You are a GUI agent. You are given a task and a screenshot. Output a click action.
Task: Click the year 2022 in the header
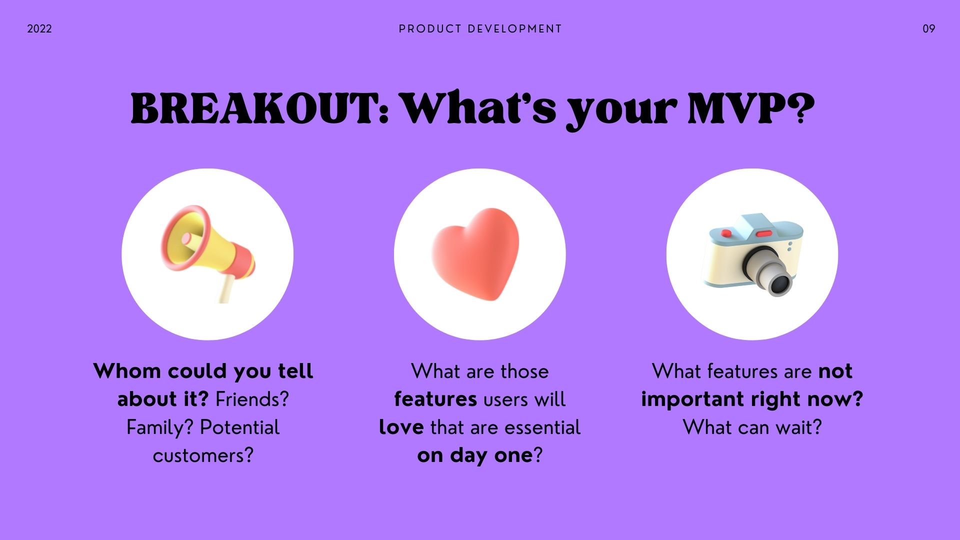[x=39, y=29]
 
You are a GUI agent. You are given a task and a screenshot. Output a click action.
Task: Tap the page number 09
[x=929, y=29]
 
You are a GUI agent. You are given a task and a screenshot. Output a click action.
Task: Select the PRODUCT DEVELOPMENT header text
[x=480, y=29]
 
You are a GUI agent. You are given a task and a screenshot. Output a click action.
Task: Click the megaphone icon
[x=208, y=252]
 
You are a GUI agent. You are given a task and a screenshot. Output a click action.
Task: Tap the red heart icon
[x=475, y=254]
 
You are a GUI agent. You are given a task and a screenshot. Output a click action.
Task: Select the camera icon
[x=754, y=255]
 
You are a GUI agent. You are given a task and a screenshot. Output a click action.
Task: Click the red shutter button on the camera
[x=764, y=233]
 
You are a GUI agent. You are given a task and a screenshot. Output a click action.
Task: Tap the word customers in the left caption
[x=203, y=455]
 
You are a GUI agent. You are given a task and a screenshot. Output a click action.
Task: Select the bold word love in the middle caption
[x=401, y=427]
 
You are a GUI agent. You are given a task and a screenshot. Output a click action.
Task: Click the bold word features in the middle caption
[x=435, y=399]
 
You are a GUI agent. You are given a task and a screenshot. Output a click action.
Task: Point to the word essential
[x=542, y=427]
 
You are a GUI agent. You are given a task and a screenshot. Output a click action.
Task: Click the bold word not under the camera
[x=835, y=371]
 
